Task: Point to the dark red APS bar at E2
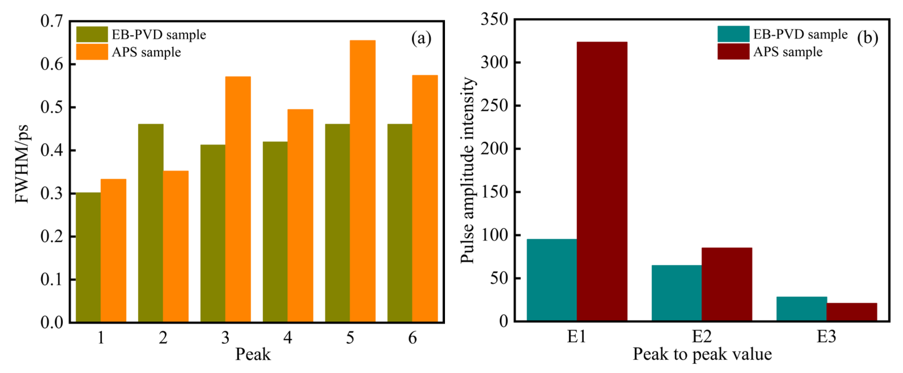727,284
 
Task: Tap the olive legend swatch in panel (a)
92,34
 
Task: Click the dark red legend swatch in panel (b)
733,52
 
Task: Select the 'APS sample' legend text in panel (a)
146,52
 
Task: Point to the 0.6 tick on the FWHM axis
52,64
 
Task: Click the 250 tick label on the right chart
494,106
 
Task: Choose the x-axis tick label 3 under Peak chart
225,338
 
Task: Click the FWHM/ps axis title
22,164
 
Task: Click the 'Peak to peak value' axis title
702,354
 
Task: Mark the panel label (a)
421,38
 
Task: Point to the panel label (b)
868,37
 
